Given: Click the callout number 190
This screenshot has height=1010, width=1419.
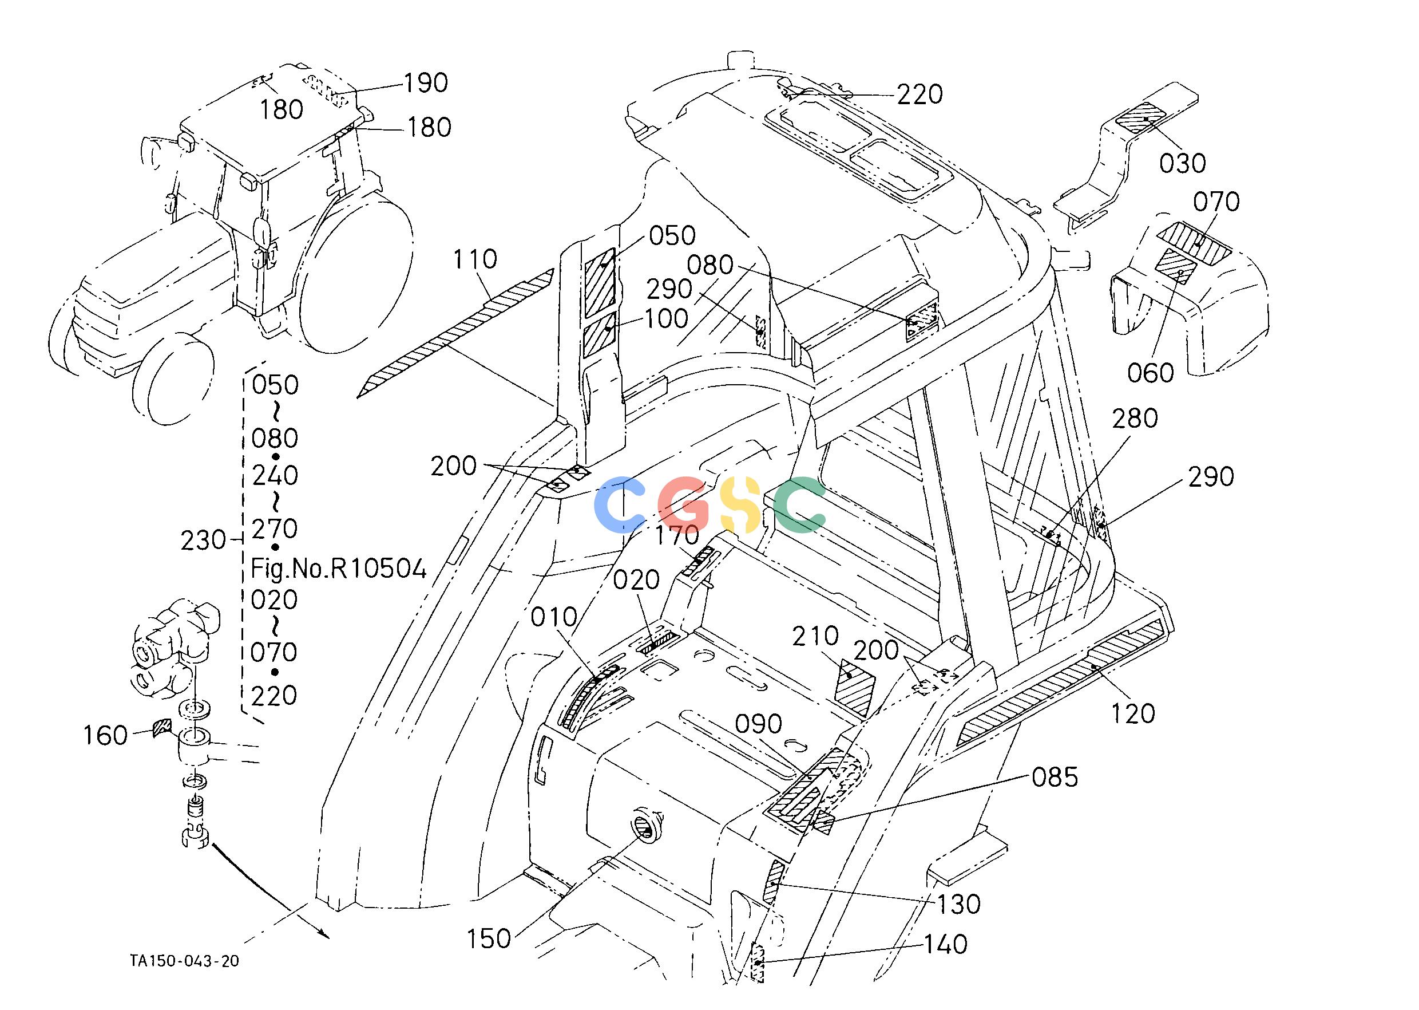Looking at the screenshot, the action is pos(426,82).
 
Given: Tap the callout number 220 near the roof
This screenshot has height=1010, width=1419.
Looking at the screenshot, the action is pos(920,94).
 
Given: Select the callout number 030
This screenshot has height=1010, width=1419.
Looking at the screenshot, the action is pos(1183,164).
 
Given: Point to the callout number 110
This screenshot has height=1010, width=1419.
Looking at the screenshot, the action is pos(475,259).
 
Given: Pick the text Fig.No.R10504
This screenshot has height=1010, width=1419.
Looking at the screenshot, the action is pos(339,569).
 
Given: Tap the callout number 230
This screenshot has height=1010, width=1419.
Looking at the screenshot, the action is pos(203,540).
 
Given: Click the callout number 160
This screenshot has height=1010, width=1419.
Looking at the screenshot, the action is pos(106,736).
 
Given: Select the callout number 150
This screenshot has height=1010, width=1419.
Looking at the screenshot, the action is pos(489,939).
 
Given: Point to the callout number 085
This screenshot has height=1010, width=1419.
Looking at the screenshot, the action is pos(1055,778).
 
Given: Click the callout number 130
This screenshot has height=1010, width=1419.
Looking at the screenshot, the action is pos(959,904).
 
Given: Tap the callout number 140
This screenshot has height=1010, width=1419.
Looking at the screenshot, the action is pos(946,945).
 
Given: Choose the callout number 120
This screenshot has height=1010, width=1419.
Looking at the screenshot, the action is pos(1133,714).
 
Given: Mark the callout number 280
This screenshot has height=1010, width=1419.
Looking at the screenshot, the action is pos(1135,419).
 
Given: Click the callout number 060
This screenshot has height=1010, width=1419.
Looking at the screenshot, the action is pos(1151,373).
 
